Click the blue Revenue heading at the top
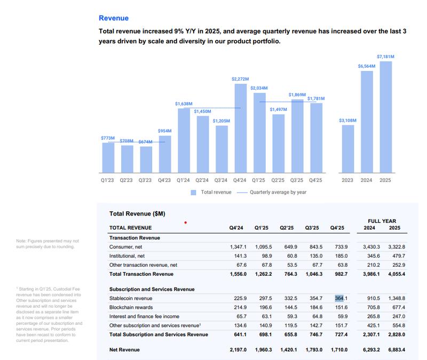[x=114, y=18]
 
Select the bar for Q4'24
[x=240, y=128]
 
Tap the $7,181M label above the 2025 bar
[x=385, y=57]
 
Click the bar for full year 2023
[x=348, y=149]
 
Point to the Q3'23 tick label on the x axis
[x=145, y=180]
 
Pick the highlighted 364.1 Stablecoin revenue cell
[x=341, y=298]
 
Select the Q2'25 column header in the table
[x=287, y=228]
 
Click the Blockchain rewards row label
[x=131, y=307]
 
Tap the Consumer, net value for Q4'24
[x=238, y=247]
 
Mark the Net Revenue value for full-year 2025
[x=396, y=350]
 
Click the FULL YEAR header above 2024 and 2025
[x=382, y=221]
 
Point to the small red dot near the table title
[x=185, y=222]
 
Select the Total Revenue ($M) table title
[x=137, y=214]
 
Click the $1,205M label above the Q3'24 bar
[x=221, y=121]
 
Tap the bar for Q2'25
[x=278, y=143]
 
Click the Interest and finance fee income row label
[x=144, y=316]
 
